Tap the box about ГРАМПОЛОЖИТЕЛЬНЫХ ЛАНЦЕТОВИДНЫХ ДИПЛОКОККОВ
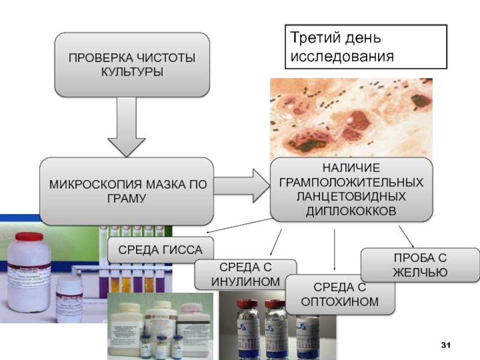[x=351, y=189]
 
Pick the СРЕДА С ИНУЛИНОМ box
[x=245, y=274]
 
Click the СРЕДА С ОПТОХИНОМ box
[x=340, y=294]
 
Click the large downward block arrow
[x=127, y=129]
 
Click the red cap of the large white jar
[x=29, y=237]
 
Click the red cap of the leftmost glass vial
[x=245, y=299]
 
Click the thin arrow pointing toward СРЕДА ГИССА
[x=237, y=226]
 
